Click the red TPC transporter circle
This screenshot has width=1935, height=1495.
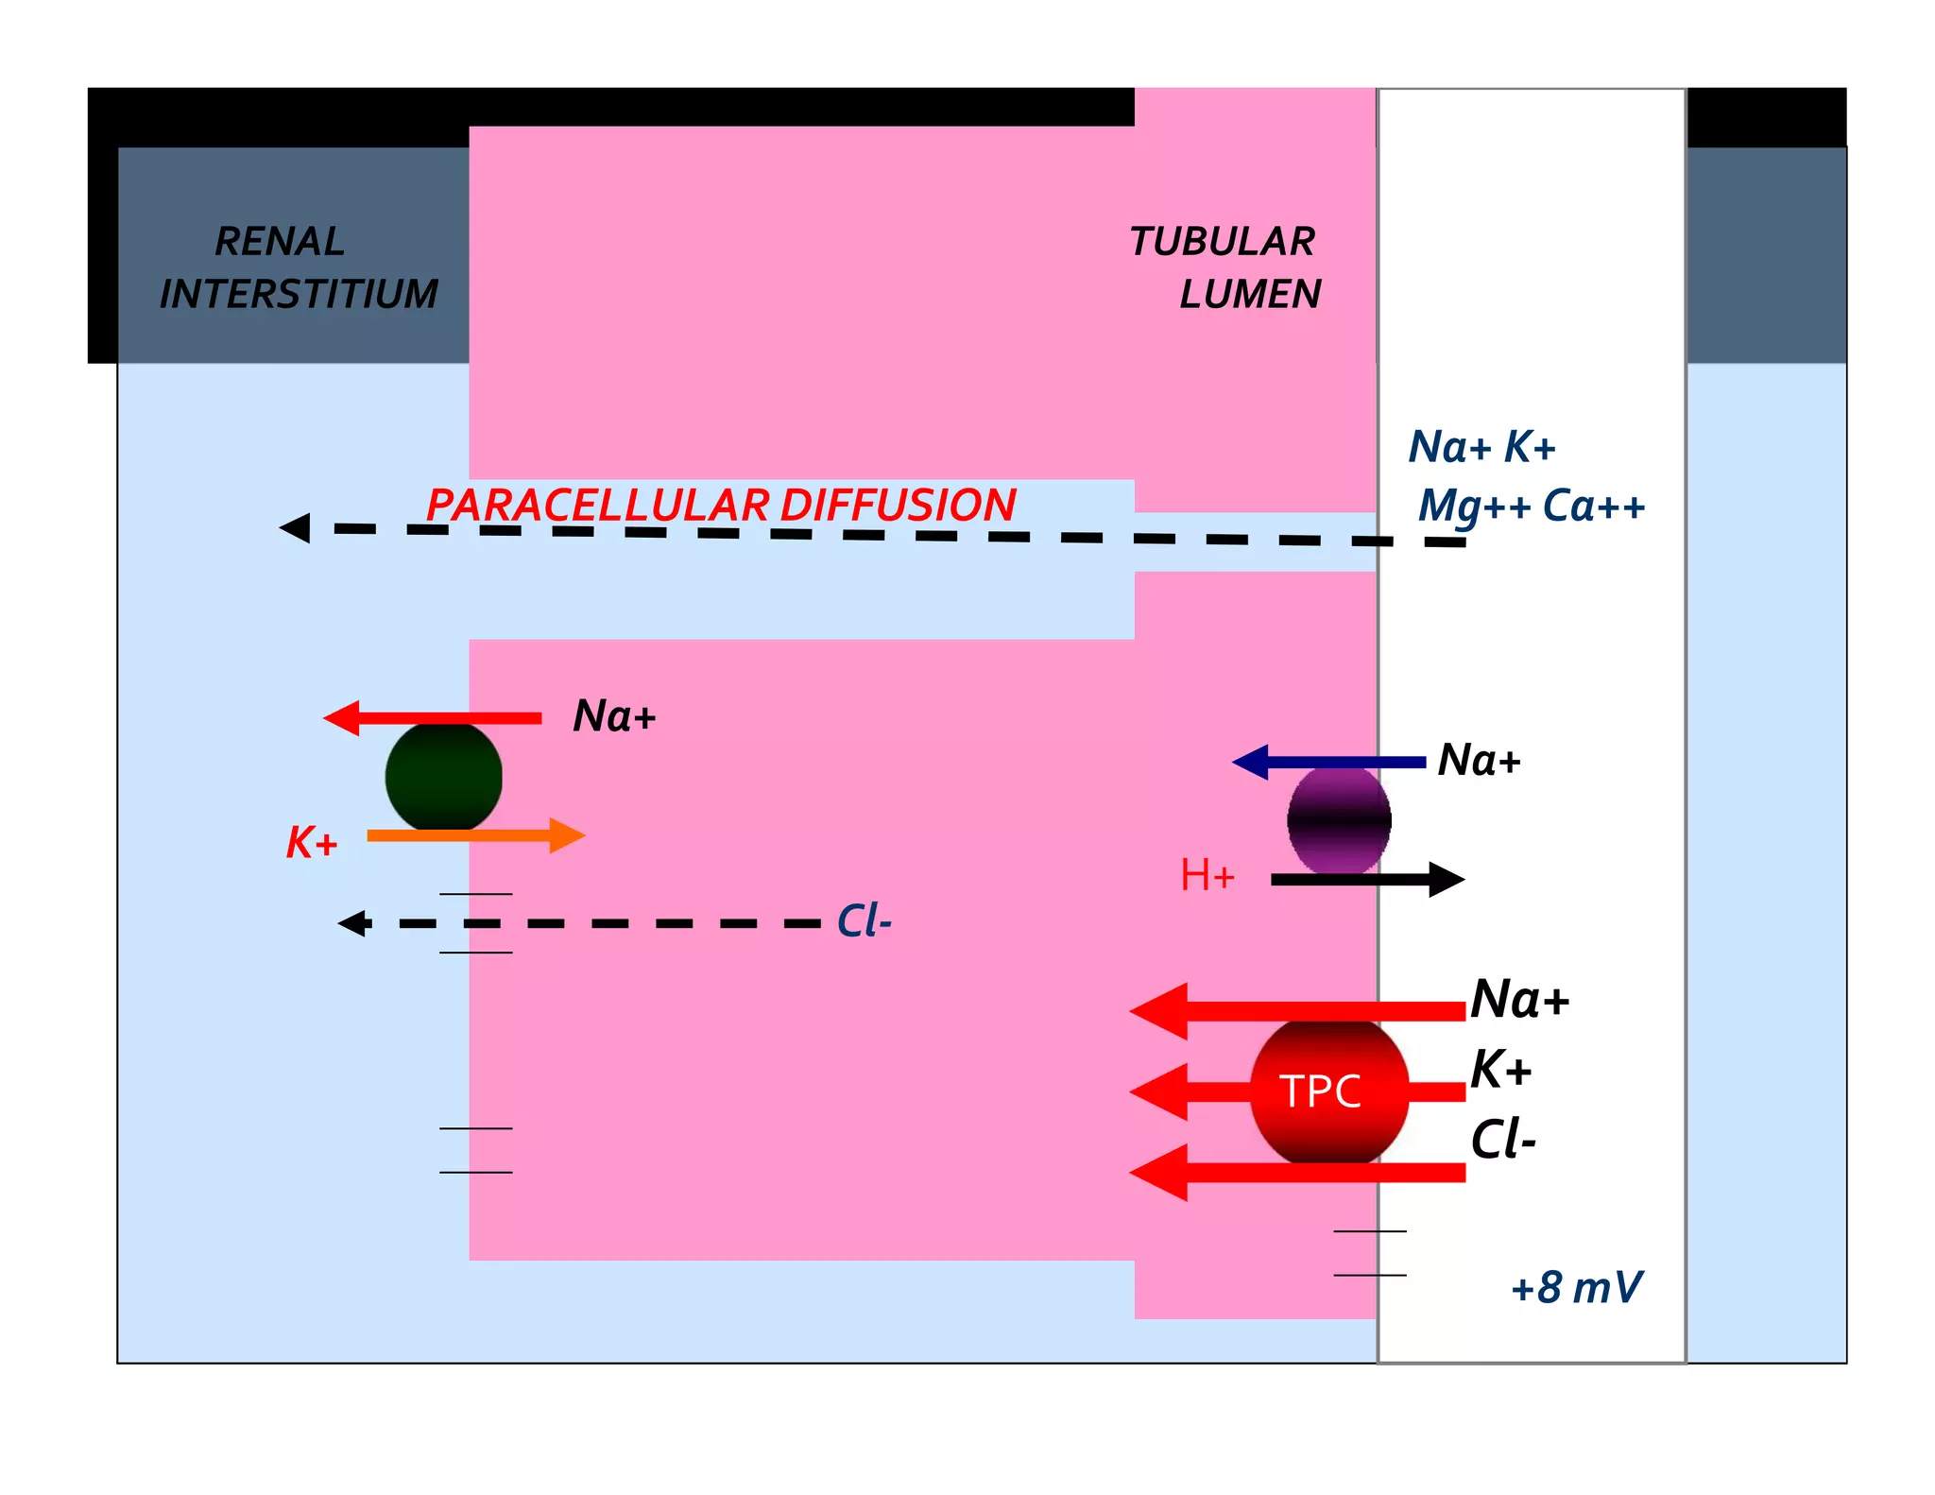(x=1329, y=1091)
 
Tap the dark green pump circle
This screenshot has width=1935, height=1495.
(x=443, y=777)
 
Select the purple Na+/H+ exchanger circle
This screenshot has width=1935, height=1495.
(x=1339, y=820)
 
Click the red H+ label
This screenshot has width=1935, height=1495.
(x=1207, y=876)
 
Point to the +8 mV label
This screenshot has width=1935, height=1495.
(x=1576, y=1287)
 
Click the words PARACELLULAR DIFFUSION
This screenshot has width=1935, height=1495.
(x=720, y=505)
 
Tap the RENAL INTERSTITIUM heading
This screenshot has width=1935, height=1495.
(x=298, y=267)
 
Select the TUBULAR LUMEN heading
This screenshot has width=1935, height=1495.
(x=1224, y=267)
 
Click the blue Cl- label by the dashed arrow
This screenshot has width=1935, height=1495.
(x=864, y=921)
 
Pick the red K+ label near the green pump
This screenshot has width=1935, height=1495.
(x=312, y=842)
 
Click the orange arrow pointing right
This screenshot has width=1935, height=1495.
(x=475, y=835)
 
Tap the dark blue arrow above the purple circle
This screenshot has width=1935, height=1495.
(x=1328, y=762)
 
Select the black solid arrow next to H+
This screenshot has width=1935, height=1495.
(x=1367, y=880)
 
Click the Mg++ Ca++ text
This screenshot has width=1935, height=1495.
(x=1531, y=507)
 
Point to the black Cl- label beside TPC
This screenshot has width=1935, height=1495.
(x=1503, y=1140)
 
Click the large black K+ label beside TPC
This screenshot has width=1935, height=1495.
(x=1500, y=1070)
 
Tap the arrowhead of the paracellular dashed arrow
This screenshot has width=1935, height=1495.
(x=295, y=527)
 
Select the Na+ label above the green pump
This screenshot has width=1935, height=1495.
(x=614, y=716)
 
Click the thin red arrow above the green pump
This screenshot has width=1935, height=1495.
(x=433, y=718)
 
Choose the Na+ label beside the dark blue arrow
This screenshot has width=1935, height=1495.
(x=1479, y=761)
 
